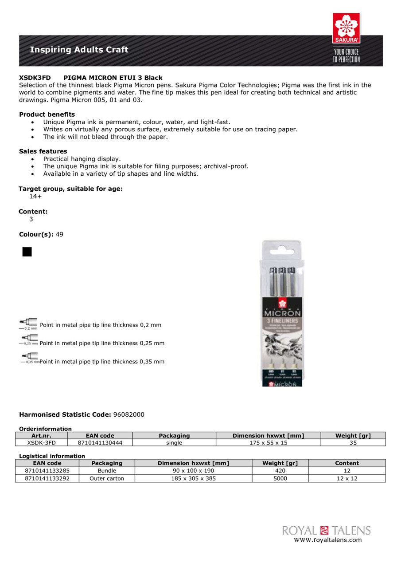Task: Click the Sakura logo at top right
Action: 346,28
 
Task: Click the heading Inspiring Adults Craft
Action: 79,50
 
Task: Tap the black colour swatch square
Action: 27,252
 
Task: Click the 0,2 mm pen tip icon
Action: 28,324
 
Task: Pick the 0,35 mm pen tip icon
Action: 29,358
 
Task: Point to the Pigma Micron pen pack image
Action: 281,313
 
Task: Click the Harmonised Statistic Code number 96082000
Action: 129,414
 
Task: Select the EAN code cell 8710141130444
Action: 100,442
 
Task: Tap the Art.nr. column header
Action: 42,436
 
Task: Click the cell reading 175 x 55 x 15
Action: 269,442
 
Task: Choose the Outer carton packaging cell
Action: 107,478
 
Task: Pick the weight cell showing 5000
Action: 280,478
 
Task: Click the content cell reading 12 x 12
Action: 347,478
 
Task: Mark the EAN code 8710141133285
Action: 47,470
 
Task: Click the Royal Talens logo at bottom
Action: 326,530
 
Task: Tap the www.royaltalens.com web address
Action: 328,540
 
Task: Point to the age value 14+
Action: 36,196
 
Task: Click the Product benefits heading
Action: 47,114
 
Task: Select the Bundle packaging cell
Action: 107,470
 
